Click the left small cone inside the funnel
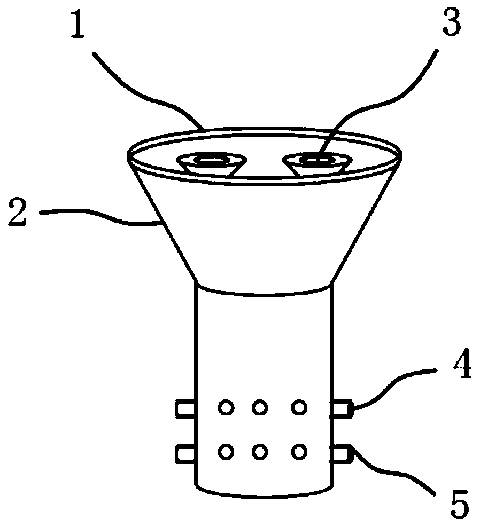tap(208, 164)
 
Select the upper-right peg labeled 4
tap(342, 409)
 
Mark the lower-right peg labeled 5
tap(342, 453)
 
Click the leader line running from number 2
tap(102, 218)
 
